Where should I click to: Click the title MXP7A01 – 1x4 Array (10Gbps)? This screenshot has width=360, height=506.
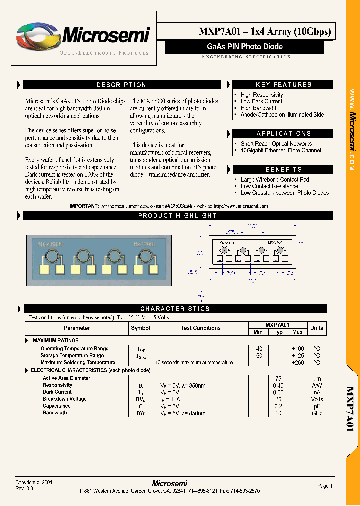click(265, 32)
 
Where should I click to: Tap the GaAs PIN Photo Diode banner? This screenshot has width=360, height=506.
click(245, 47)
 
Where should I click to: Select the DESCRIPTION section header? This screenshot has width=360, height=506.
click(121, 85)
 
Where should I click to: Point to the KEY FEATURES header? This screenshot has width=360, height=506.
click(283, 85)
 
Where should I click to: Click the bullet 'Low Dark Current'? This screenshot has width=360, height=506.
click(261, 101)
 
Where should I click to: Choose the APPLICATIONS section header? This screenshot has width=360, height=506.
click(283, 134)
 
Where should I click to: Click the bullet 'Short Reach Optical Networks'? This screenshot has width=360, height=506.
click(276, 144)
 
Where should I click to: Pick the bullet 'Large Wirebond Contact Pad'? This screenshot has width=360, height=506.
click(274, 180)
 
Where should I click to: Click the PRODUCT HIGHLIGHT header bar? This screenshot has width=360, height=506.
click(177, 216)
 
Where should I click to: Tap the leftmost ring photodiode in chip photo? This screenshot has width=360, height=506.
click(52, 257)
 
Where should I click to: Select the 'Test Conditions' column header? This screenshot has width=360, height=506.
click(200, 328)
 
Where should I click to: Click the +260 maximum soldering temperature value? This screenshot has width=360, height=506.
click(297, 363)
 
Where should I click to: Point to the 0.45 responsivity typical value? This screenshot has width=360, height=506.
click(278, 386)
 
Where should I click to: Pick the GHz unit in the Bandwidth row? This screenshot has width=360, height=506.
click(317, 413)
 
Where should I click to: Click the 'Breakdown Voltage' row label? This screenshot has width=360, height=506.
click(64, 399)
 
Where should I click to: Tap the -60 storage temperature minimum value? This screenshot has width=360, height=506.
click(258, 356)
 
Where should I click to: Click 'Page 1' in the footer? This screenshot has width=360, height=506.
click(324, 486)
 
